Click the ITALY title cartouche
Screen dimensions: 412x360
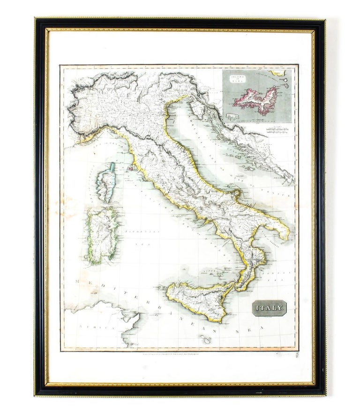point(269,308)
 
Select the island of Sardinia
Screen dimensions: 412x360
point(102,236)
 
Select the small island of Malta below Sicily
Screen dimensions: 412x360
point(205,339)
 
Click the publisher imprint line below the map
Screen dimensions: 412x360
point(178,353)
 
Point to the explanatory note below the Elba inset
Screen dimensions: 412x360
point(279,129)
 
